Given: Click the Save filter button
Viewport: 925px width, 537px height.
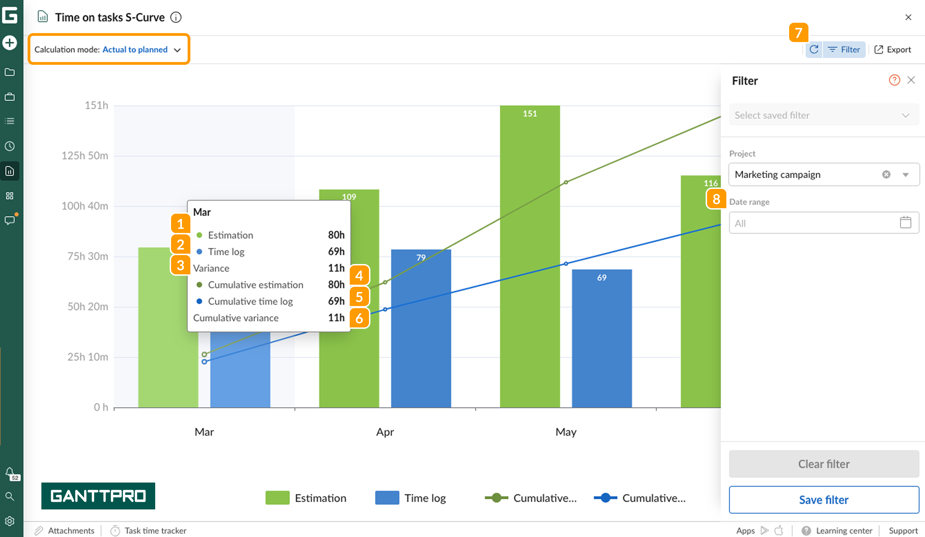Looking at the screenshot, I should [x=823, y=499].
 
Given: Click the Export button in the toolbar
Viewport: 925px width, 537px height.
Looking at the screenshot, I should [x=892, y=50].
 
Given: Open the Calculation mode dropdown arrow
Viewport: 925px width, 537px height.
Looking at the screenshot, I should [x=178, y=50].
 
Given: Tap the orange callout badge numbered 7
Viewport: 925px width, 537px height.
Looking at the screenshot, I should [x=798, y=33].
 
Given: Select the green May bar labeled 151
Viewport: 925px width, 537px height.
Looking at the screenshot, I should [x=530, y=257].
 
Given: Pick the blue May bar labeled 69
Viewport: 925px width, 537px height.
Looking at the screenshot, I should [x=601, y=337].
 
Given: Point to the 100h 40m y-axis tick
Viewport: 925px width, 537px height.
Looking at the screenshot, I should [x=85, y=206].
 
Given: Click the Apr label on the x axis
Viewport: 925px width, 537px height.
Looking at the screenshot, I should [x=385, y=432].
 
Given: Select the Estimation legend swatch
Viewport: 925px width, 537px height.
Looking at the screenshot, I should [x=277, y=498].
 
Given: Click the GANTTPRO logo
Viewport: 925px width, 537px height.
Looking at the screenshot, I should [x=98, y=496].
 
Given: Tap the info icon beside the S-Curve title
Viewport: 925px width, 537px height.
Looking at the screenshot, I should [x=176, y=17].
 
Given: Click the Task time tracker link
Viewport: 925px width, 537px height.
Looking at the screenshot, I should [x=155, y=530].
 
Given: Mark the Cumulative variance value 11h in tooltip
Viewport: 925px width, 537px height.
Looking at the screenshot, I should [x=336, y=318].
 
